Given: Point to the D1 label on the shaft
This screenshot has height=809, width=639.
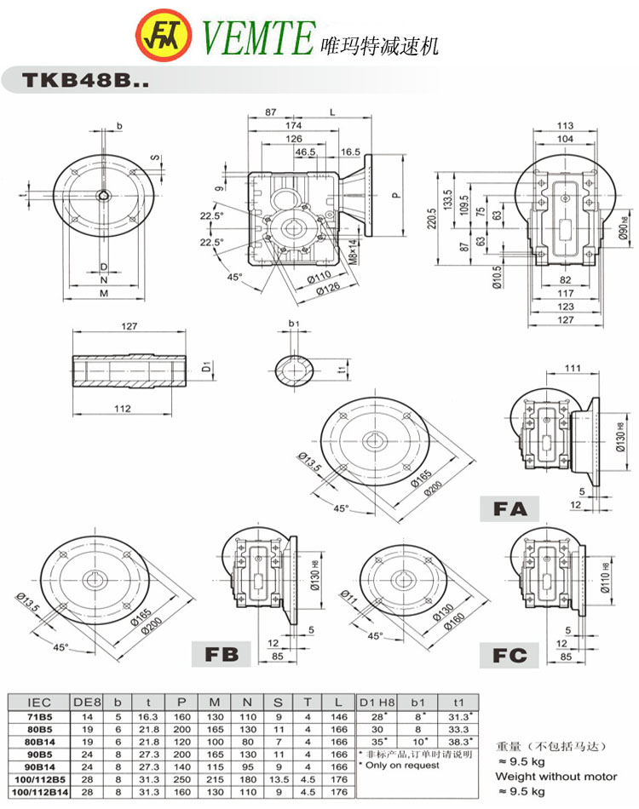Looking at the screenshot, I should pyautogui.click(x=204, y=369).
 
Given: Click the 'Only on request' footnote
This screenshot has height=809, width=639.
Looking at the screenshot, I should pyautogui.click(x=399, y=766).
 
